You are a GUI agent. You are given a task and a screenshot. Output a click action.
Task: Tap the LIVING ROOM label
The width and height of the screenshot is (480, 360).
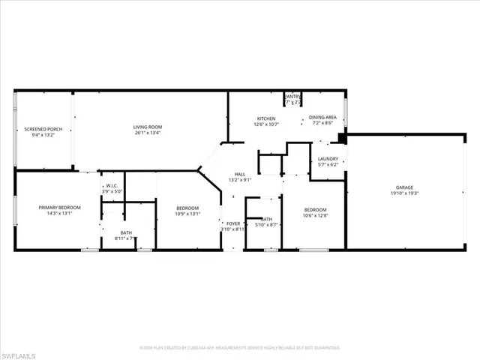coord(148,127)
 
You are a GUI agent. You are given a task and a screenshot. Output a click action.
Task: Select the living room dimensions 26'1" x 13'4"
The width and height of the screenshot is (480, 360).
coord(148,134)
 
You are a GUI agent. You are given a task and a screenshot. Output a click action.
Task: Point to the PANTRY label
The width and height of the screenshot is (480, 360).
coord(292,96)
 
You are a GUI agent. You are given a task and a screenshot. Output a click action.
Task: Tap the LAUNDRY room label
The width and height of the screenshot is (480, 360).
coord(328,158)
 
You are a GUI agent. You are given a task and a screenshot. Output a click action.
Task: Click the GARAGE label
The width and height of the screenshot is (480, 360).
coord(405,187)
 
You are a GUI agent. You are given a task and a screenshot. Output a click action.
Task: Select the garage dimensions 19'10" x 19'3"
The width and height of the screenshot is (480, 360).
coord(405,193)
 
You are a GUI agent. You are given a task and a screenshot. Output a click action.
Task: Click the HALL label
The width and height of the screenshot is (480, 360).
coord(240,173)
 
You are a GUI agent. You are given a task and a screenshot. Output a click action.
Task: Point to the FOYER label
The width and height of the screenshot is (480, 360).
coord(233,223)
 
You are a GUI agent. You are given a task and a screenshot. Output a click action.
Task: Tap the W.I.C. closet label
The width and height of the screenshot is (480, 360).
coord(111,185)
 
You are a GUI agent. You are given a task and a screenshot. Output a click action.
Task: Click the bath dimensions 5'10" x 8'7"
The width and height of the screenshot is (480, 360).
coord(267,224)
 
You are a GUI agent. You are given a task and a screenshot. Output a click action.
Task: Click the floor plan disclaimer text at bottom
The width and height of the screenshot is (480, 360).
coord(240,347)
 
